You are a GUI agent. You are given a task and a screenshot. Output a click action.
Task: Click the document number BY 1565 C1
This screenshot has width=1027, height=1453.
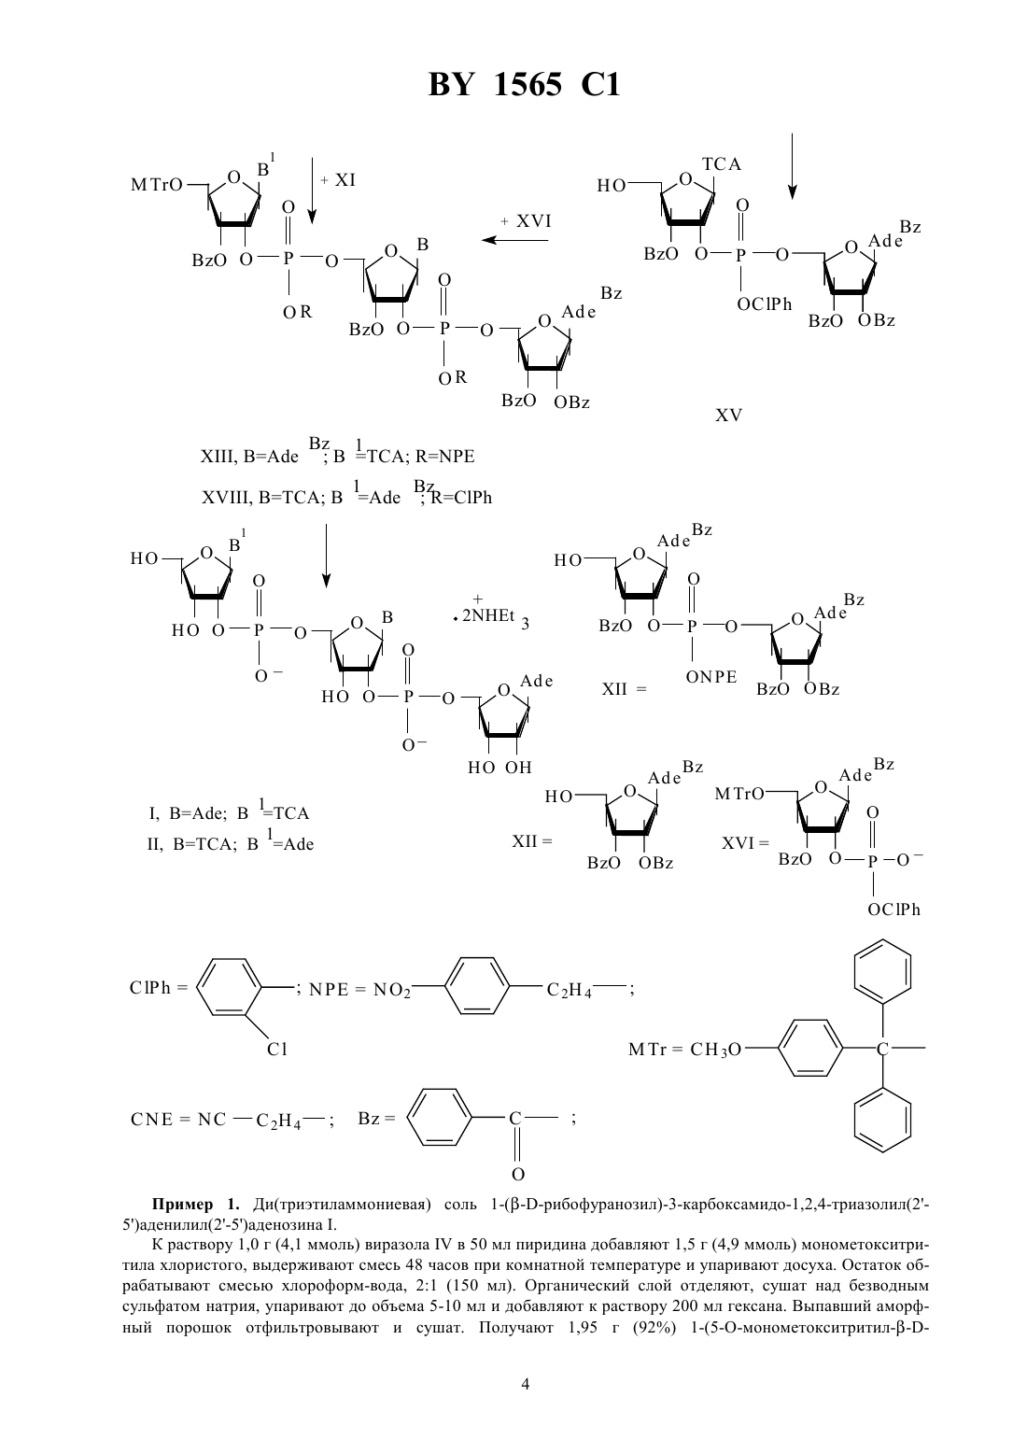point(524,85)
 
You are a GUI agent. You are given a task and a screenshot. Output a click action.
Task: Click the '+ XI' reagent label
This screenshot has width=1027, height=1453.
point(338,179)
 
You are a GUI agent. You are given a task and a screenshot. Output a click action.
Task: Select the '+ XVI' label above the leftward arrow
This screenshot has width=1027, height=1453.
point(526,221)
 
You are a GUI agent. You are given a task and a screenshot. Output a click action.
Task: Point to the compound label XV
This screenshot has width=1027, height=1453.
point(728,416)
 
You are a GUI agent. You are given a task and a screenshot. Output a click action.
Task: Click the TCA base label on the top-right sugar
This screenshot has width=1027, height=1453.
point(721,164)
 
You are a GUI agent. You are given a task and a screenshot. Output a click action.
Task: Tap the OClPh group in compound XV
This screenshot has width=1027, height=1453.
point(764,304)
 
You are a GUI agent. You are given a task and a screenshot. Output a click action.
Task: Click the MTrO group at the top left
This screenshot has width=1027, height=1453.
point(156,185)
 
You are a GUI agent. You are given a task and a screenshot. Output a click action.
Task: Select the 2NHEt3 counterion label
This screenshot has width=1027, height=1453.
point(494,617)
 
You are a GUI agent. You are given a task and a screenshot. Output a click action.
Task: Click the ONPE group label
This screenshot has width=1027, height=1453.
point(711,677)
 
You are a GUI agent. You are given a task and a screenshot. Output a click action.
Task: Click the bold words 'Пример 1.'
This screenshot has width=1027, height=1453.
point(196,1204)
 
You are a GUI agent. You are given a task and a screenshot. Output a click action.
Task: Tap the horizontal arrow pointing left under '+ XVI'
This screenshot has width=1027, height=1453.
point(514,240)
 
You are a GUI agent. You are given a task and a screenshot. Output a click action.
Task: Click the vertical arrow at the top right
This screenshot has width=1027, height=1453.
point(792,165)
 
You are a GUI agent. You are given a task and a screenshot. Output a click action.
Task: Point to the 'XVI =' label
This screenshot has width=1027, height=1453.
point(745,843)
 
